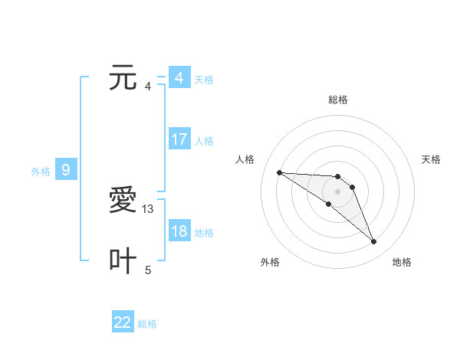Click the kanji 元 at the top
(123, 78)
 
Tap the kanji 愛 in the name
(123, 201)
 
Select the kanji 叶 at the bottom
(123, 261)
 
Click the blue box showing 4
(179, 78)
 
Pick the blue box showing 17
(179, 139)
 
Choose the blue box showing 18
(179, 231)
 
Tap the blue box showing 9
(66, 170)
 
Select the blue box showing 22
(123, 322)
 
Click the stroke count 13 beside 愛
(148, 208)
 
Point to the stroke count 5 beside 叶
(148, 270)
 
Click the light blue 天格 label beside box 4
(204, 80)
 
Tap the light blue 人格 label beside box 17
(204, 141)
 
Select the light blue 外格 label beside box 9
(41, 172)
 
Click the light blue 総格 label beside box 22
(147, 324)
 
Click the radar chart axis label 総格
(338, 100)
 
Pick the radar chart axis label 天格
(431, 159)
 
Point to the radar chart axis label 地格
(402, 262)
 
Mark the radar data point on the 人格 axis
(279, 172)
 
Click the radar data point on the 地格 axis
(374, 242)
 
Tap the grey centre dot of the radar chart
(338, 191)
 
